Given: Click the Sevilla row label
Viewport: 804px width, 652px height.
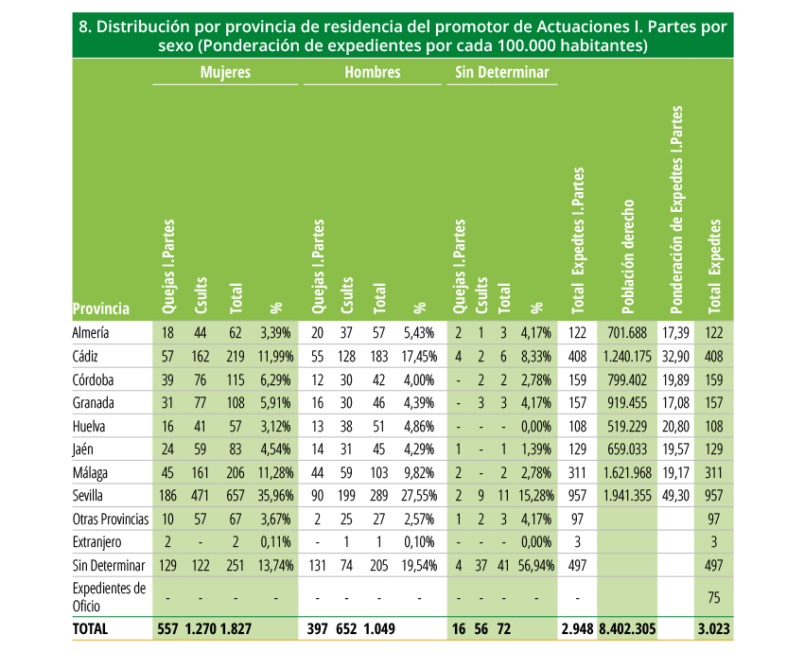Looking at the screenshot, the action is (x=88, y=496).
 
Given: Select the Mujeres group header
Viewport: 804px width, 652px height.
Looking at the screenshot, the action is (x=226, y=72).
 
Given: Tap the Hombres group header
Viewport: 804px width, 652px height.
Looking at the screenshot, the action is (x=373, y=72).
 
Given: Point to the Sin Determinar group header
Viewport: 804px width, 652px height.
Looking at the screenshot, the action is (x=502, y=72).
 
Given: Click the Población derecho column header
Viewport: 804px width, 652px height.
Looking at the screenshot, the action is (x=628, y=256).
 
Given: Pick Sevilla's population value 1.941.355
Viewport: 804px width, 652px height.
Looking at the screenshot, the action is (x=628, y=496).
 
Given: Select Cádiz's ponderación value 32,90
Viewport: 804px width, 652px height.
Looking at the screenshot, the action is (x=675, y=356).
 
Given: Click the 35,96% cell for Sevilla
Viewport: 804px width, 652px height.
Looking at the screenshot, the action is (x=276, y=496).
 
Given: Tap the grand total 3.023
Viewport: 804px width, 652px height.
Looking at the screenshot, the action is (x=714, y=629).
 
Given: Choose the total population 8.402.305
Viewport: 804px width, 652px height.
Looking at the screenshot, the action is (x=628, y=629).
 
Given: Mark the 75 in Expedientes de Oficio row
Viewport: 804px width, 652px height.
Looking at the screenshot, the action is (x=714, y=598).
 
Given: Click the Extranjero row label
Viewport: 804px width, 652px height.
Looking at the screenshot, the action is (x=96, y=542).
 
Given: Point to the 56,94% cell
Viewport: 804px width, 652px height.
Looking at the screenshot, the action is (x=536, y=565).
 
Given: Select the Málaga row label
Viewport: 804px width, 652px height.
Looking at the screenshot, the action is (x=90, y=472).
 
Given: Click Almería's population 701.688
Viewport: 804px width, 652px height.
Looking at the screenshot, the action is (x=628, y=333).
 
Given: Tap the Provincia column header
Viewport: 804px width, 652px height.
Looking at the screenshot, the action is (x=101, y=308).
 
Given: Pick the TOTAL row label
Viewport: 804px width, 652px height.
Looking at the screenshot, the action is (x=90, y=629).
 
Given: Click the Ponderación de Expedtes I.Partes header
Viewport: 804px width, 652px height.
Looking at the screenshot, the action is (x=677, y=210).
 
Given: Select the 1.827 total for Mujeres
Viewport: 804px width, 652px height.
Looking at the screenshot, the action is (x=236, y=629).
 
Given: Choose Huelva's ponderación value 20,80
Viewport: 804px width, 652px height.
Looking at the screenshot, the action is (x=675, y=426).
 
